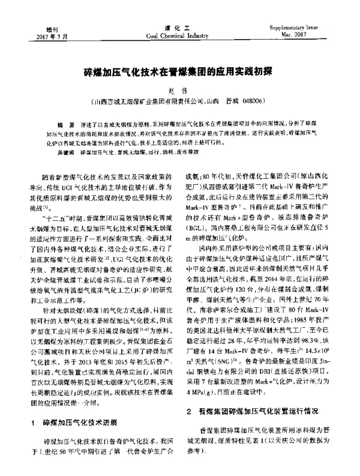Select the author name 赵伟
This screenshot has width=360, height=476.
point(180,91)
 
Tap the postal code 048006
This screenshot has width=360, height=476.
point(259,102)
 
